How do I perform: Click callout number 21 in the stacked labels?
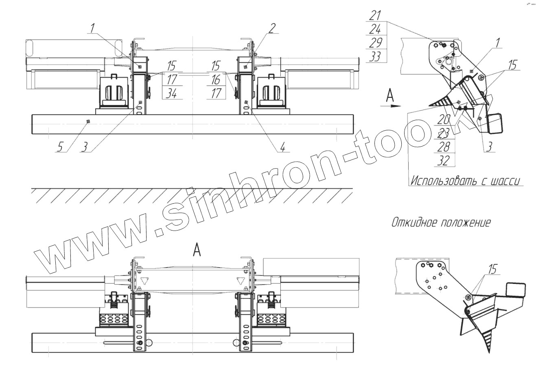coord(375,15)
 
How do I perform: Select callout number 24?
coord(375,29)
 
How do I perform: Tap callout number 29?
coord(375,43)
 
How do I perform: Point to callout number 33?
coord(375,57)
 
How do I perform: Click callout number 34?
coord(171,93)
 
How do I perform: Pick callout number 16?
coord(216,79)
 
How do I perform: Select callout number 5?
coord(59,146)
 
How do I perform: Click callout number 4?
coord(282,146)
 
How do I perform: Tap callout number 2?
coord(272,28)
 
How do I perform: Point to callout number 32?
coord(443,160)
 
